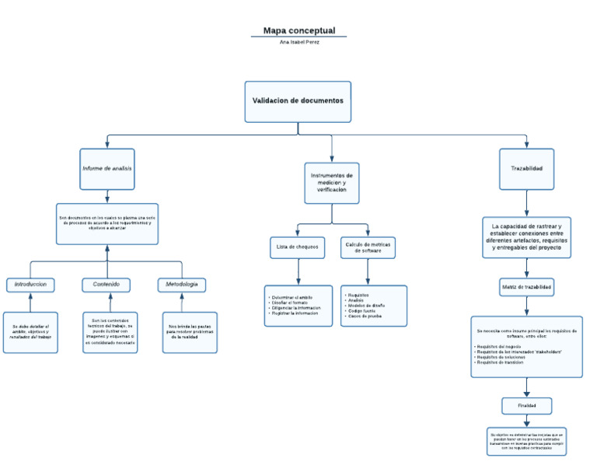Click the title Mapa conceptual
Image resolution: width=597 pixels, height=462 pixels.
[298, 31]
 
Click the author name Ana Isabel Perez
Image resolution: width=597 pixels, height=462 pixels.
[298, 42]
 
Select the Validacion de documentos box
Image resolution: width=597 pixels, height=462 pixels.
[298, 101]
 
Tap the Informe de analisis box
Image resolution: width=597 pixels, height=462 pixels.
[107, 169]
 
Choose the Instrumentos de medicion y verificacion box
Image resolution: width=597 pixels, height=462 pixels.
[332, 183]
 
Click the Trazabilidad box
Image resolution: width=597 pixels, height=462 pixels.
[526, 169]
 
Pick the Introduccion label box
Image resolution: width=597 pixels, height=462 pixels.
[30, 285]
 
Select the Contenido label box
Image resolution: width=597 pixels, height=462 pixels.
[106, 285]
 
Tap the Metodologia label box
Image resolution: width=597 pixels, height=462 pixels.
[182, 285]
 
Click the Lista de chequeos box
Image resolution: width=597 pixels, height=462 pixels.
[298, 247]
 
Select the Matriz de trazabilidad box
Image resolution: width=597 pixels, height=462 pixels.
[526, 287]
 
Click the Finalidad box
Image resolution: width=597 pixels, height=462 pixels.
[526, 406]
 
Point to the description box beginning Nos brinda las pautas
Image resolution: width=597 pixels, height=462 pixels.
[190, 332]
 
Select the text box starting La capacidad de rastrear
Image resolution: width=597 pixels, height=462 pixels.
[526, 236]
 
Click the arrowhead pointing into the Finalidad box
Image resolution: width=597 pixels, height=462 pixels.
[526, 394]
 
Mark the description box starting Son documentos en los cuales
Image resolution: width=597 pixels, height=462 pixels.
[107, 223]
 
